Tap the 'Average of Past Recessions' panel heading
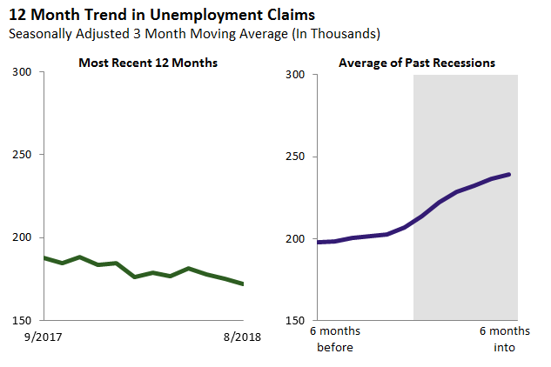pos(417,63)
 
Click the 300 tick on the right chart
pos(298,74)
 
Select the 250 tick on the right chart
pos(298,157)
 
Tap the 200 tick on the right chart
pos(298,239)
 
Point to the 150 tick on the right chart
pos(298,321)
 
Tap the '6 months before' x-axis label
pos(334,339)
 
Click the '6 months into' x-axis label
pos(504,339)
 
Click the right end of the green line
pos(243,284)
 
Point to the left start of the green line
pos(44,257)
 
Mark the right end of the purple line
pos(509,174)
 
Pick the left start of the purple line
pos(318,242)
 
